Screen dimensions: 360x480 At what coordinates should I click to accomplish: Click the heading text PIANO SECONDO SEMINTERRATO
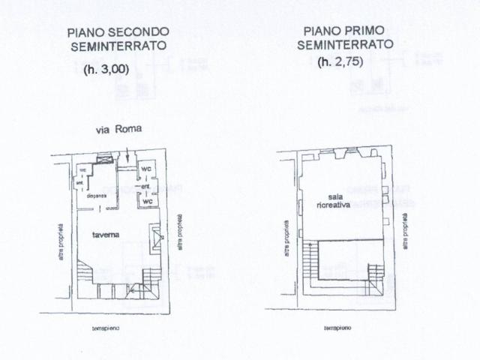click(x=118, y=39)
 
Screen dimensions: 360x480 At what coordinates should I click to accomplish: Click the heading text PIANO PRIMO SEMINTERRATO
click(x=344, y=37)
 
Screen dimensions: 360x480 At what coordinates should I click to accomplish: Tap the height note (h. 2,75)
click(x=344, y=61)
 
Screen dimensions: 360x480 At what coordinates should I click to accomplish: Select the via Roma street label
click(x=118, y=129)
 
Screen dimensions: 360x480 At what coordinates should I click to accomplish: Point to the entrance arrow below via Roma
click(x=130, y=157)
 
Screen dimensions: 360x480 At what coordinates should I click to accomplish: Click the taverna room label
click(x=106, y=234)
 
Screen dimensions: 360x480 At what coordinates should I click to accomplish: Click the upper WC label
click(x=147, y=169)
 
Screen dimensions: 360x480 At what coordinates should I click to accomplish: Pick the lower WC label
click(x=148, y=201)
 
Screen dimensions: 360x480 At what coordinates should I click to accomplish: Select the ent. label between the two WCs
click(x=147, y=186)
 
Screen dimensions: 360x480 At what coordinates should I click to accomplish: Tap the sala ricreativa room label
click(x=333, y=198)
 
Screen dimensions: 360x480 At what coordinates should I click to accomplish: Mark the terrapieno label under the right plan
click(x=339, y=328)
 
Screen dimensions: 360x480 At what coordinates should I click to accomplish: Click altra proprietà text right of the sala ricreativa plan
click(x=406, y=232)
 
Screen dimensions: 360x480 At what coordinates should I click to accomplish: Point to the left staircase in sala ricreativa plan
click(x=309, y=263)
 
